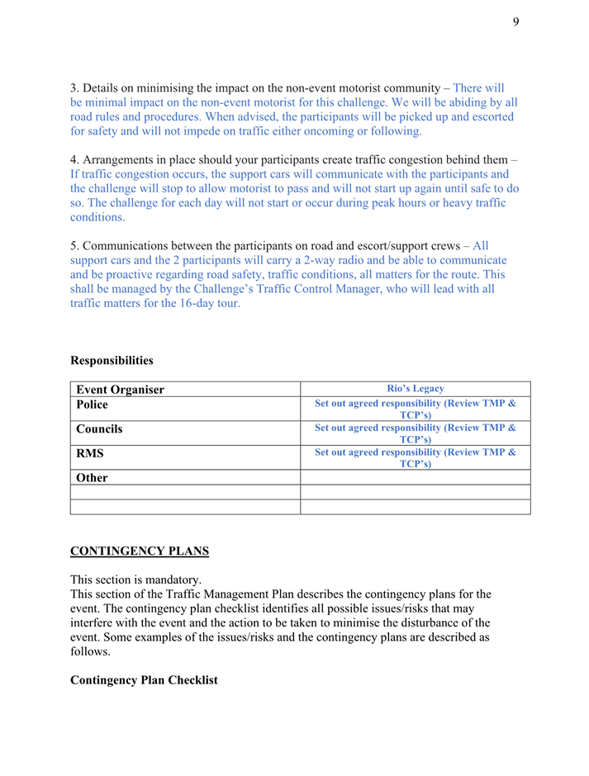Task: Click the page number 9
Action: [x=515, y=21]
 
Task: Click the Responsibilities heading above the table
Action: [x=112, y=361]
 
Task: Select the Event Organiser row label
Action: [x=121, y=390]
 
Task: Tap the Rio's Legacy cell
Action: [x=416, y=389]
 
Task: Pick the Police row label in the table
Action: [x=92, y=405]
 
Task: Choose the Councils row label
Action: [x=99, y=429]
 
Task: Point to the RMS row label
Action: [x=90, y=453]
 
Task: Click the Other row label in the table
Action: [x=92, y=477]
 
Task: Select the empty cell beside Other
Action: [x=416, y=477]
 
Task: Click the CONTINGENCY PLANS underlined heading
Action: [x=140, y=551]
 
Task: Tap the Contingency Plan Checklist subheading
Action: [x=144, y=680]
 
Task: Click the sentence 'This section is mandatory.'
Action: [x=135, y=580]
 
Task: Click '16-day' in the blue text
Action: [x=196, y=304]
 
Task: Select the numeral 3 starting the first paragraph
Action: [x=74, y=88]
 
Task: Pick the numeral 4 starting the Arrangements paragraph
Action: [x=74, y=159]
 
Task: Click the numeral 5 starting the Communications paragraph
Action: [x=74, y=246]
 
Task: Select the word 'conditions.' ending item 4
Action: [x=97, y=217]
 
